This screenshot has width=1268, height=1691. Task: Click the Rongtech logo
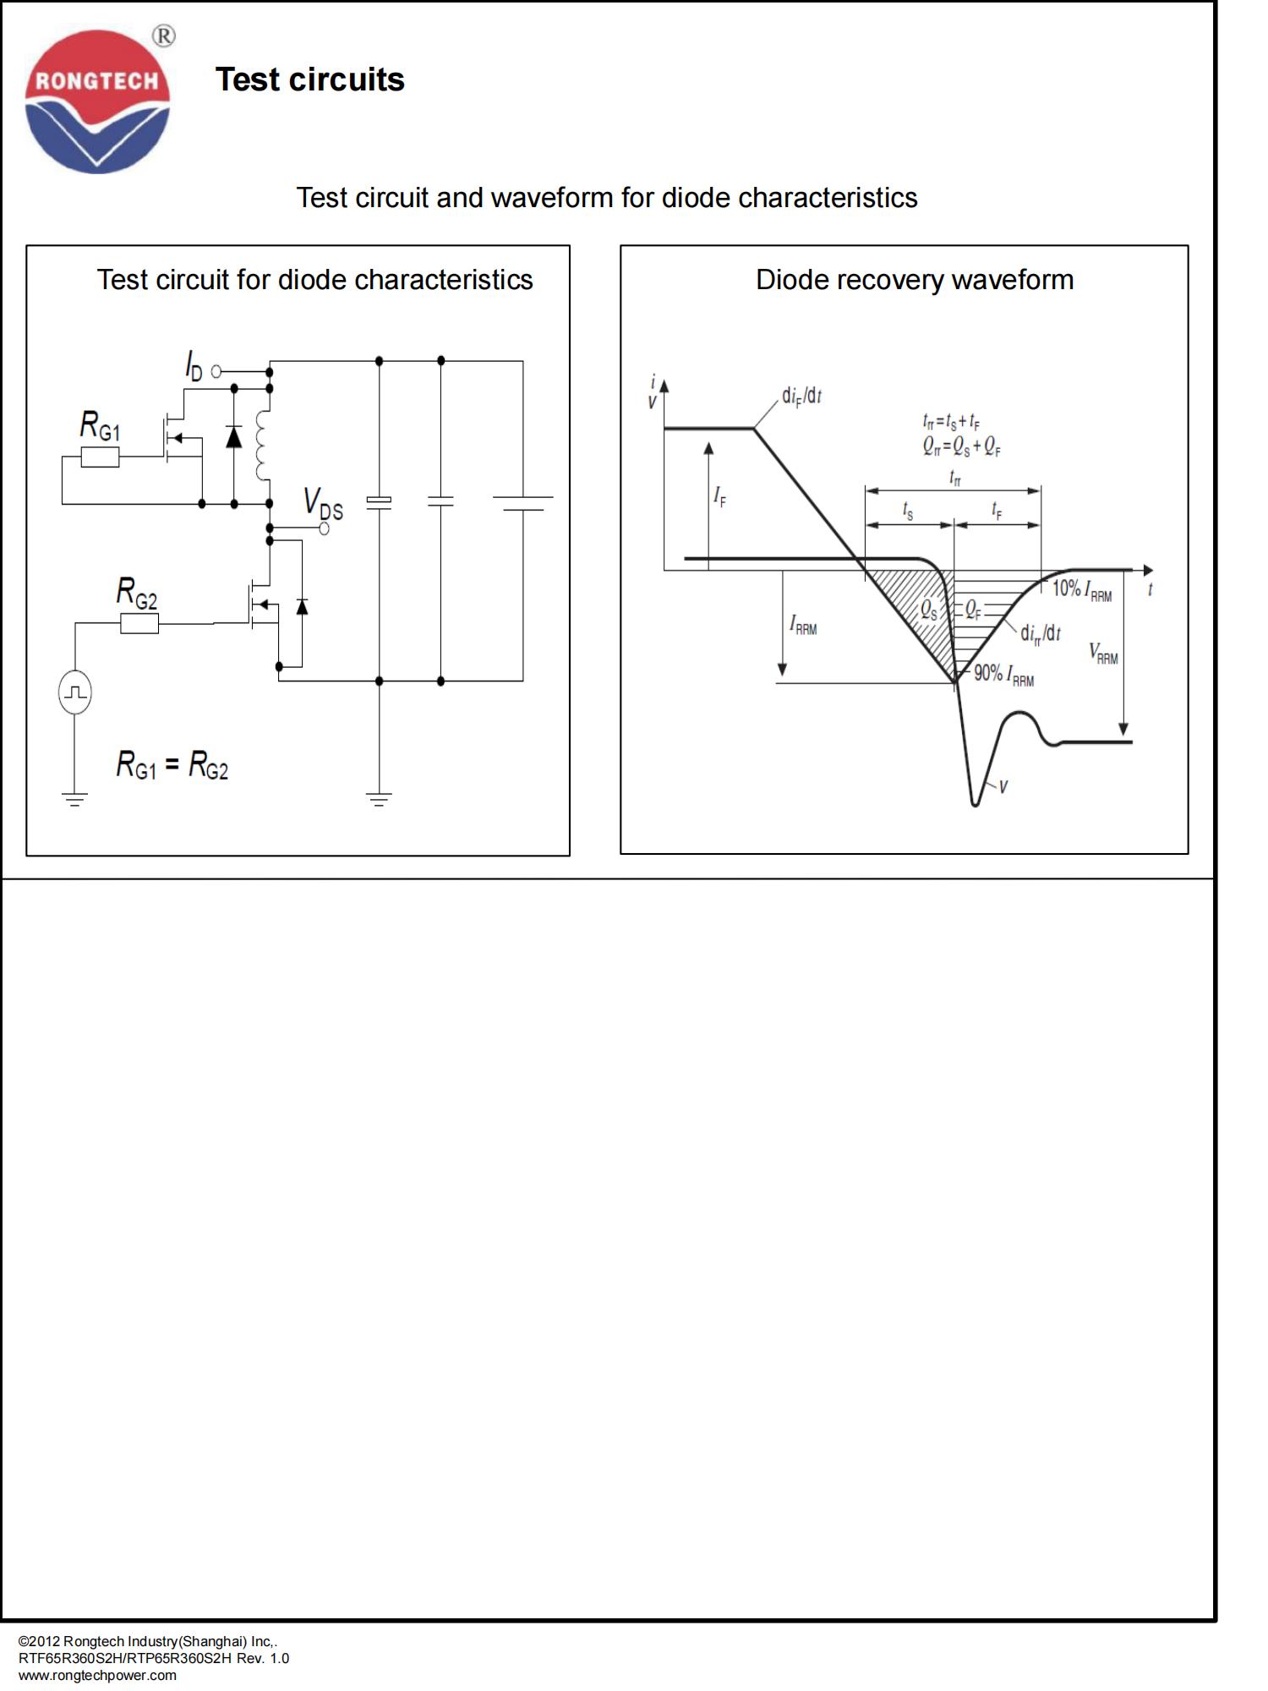click(x=97, y=102)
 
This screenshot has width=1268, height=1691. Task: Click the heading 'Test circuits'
click(x=309, y=79)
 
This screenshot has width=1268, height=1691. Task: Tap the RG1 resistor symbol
click(x=100, y=457)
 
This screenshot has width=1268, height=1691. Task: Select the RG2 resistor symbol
click(x=139, y=624)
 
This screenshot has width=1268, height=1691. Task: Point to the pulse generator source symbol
click(x=75, y=692)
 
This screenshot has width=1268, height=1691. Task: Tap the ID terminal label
click(x=194, y=366)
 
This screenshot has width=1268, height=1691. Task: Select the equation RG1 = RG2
click(x=172, y=765)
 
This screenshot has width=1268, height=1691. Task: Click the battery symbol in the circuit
click(x=522, y=503)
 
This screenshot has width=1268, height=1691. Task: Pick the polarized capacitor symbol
click(x=379, y=501)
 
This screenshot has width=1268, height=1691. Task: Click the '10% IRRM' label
click(x=1082, y=589)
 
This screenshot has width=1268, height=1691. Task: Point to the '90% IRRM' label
click(x=1004, y=675)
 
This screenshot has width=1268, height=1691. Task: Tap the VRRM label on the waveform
click(x=1103, y=653)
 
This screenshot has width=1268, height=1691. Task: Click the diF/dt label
click(x=801, y=396)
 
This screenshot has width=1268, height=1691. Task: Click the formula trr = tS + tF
click(x=951, y=420)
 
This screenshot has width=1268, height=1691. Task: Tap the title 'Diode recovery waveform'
click(x=915, y=280)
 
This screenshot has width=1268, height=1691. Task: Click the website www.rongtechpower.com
click(x=97, y=1675)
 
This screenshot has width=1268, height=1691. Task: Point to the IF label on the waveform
click(x=719, y=496)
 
